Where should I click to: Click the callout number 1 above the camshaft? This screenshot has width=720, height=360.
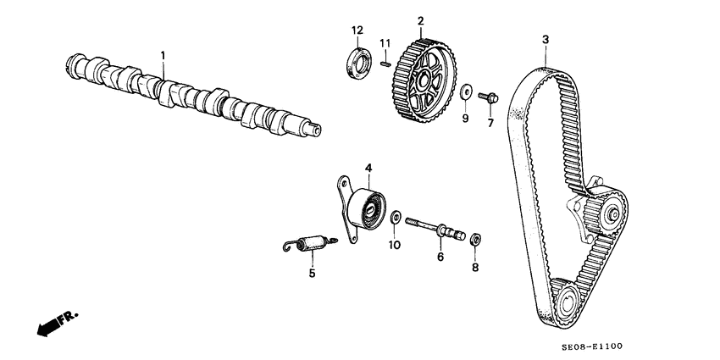(x=163, y=55)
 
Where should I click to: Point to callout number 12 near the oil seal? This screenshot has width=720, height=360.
(x=357, y=31)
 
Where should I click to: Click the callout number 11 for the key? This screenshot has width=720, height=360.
(x=385, y=43)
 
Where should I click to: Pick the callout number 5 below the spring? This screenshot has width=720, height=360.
(x=312, y=273)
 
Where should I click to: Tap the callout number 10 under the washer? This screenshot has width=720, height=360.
(x=394, y=246)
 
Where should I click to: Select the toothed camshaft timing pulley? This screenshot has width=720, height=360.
(x=427, y=80)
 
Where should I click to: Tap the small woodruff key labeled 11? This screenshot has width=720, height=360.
(x=385, y=60)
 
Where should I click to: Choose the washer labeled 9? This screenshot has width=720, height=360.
(x=465, y=90)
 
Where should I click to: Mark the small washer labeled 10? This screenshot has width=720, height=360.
(x=395, y=219)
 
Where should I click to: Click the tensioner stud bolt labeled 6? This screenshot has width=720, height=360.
(x=437, y=229)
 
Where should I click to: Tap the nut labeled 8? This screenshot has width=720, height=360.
(x=475, y=238)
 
